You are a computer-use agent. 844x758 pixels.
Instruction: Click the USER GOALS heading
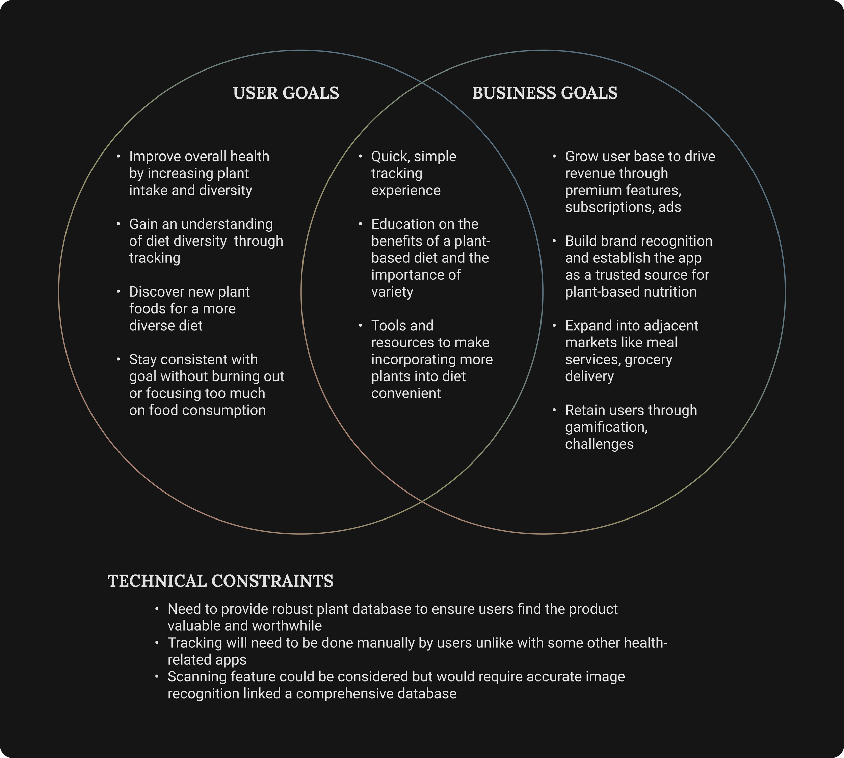point(286,93)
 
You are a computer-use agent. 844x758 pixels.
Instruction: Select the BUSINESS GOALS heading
point(545,93)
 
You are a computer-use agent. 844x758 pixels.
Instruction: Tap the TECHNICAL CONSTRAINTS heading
point(220,581)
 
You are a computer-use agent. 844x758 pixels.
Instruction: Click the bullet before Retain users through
point(554,410)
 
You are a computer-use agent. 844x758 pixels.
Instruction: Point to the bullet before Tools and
point(361,325)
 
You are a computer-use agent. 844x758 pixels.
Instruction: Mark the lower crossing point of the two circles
point(422,501)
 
